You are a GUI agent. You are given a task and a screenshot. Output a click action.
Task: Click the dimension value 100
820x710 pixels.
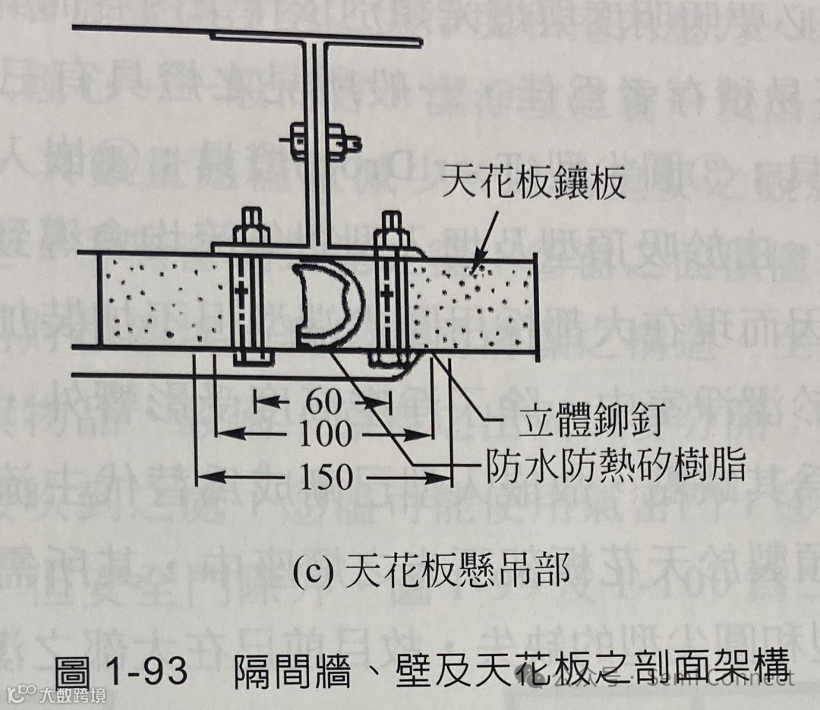324,435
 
